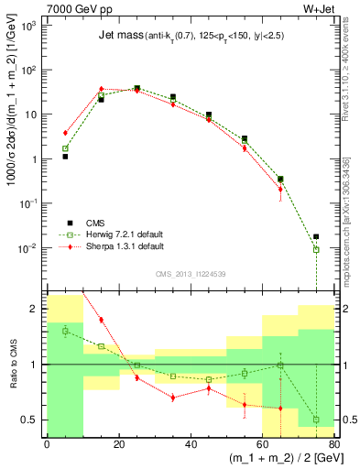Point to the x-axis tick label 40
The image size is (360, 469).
coord(191,445)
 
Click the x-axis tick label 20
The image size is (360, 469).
coord(118,445)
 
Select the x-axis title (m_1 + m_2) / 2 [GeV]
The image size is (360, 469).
coord(281,459)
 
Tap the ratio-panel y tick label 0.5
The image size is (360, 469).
coord(32,420)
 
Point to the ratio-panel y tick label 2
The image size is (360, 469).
coord(37,309)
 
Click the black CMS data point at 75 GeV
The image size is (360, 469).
coord(316,236)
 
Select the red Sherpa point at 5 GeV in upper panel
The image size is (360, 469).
coord(65,133)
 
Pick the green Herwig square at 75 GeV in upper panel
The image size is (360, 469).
coord(316,249)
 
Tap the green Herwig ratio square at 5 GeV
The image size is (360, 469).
coord(65,331)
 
